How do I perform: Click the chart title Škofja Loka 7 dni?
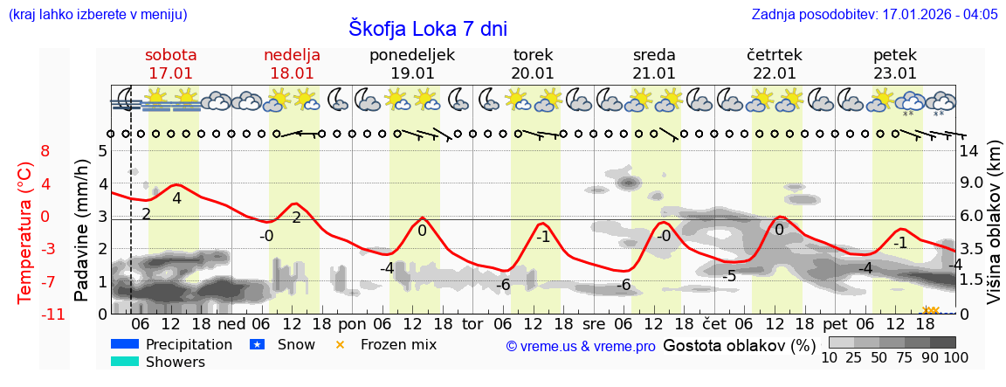pos(427,28)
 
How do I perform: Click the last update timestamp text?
pos(874,15)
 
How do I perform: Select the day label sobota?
pos(170,55)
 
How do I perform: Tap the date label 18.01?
pos(292,73)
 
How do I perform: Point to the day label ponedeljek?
pos(412,55)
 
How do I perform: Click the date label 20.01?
pos(533,73)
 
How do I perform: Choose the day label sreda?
pos(654,55)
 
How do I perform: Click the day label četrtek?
pos(775,55)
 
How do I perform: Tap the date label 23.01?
pos(895,73)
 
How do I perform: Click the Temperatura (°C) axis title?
pos(25,232)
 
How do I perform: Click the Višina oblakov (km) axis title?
pos(994,232)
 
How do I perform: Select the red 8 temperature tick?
pos(45,151)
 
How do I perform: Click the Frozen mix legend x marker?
pos(341,345)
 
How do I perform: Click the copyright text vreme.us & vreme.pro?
pos(581,346)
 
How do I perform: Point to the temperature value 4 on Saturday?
pos(176,198)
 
